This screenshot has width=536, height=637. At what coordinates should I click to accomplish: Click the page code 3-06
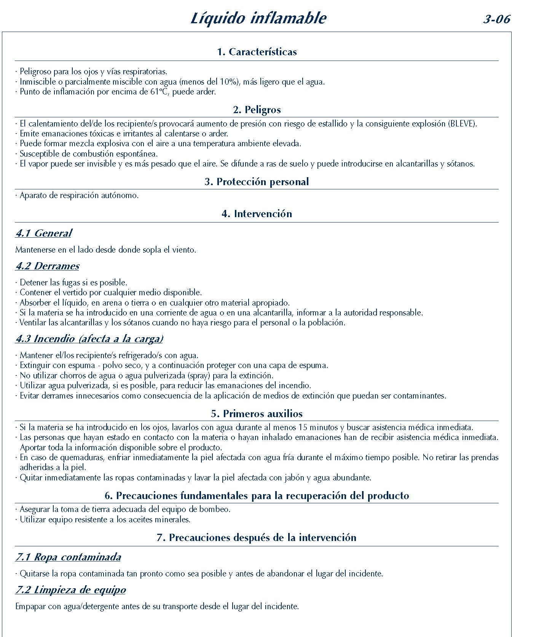(496, 19)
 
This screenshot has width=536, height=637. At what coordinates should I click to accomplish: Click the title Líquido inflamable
(258, 18)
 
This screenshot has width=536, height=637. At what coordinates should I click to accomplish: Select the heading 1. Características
(257, 52)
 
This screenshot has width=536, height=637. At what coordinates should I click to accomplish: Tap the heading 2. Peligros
(257, 110)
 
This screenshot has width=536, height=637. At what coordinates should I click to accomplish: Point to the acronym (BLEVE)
(463, 123)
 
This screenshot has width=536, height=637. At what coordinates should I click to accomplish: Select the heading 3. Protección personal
(257, 182)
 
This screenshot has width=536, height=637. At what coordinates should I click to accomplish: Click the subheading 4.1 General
(43, 233)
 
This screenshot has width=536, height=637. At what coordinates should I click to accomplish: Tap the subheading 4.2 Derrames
(47, 266)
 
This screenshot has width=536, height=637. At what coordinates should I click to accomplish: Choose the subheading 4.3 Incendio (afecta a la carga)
(89, 339)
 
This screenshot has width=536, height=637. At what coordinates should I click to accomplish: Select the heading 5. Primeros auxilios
(257, 414)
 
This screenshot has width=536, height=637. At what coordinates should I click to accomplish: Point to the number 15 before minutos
(303, 427)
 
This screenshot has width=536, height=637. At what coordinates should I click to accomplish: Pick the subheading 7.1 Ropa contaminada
(68, 557)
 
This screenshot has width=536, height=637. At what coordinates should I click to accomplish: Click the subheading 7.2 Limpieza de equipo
(70, 590)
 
